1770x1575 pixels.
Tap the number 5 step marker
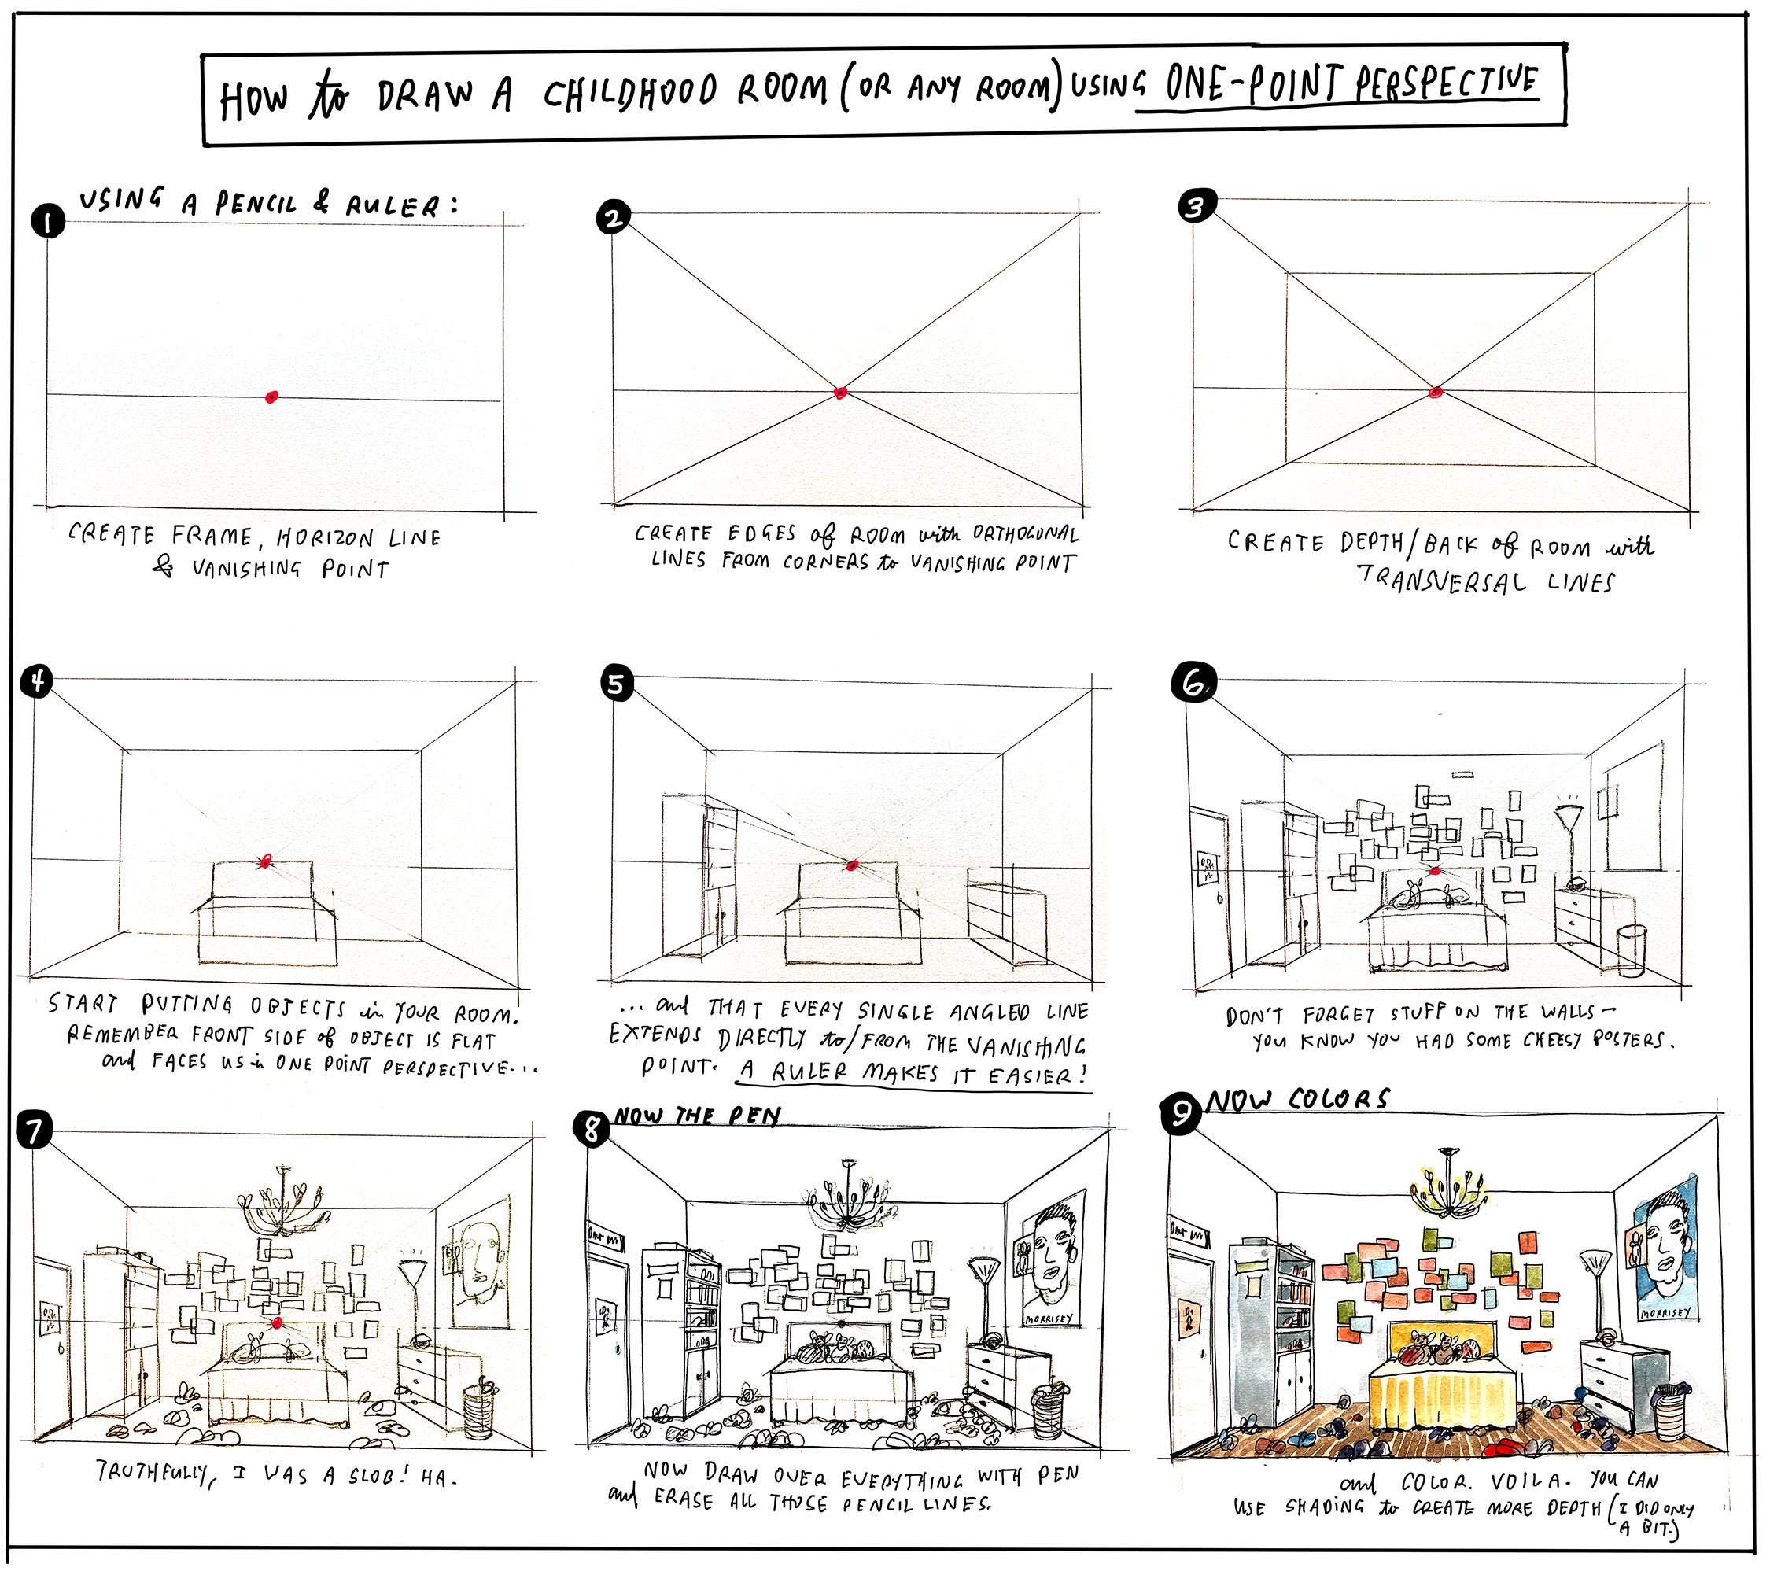[x=616, y=683]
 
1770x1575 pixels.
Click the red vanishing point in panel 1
[x=272, y=397]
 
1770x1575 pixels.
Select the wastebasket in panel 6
[x=1632, y=950]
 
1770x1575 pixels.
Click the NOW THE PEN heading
[x=697, y=1116]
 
